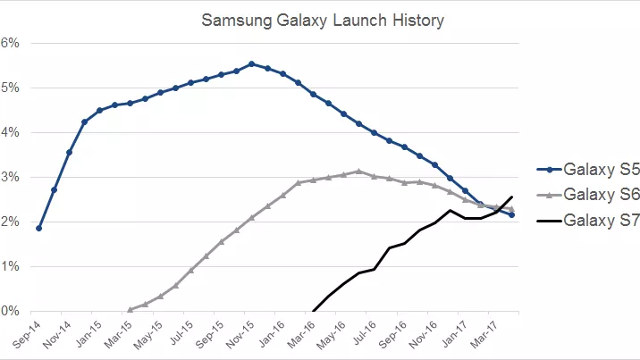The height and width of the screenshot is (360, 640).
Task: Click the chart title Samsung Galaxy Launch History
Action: tap(321, 19)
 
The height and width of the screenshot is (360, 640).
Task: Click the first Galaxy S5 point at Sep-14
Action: tap(38, 228)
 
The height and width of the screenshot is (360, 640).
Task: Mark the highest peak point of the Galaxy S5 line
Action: tap(252, 64)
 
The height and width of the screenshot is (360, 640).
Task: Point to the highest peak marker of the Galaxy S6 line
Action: tap(358, 171)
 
